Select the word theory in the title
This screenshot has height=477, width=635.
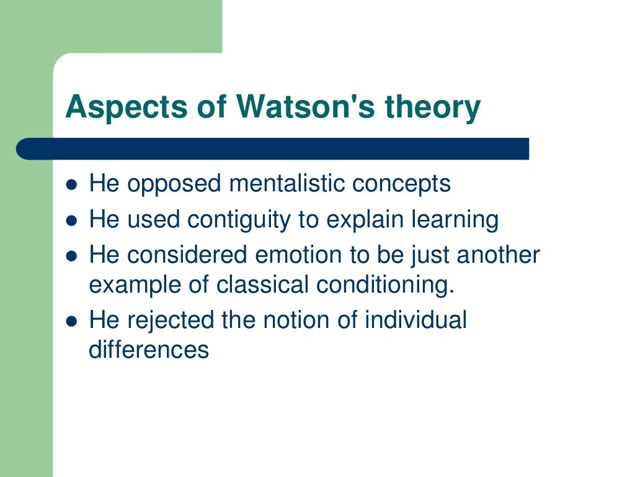pos(433,107)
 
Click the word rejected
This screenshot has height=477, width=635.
pos(170,320)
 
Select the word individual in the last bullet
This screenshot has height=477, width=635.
pos(415,320)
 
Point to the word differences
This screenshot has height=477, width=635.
pos(149,350)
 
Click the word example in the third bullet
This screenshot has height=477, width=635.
pos(139,284)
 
